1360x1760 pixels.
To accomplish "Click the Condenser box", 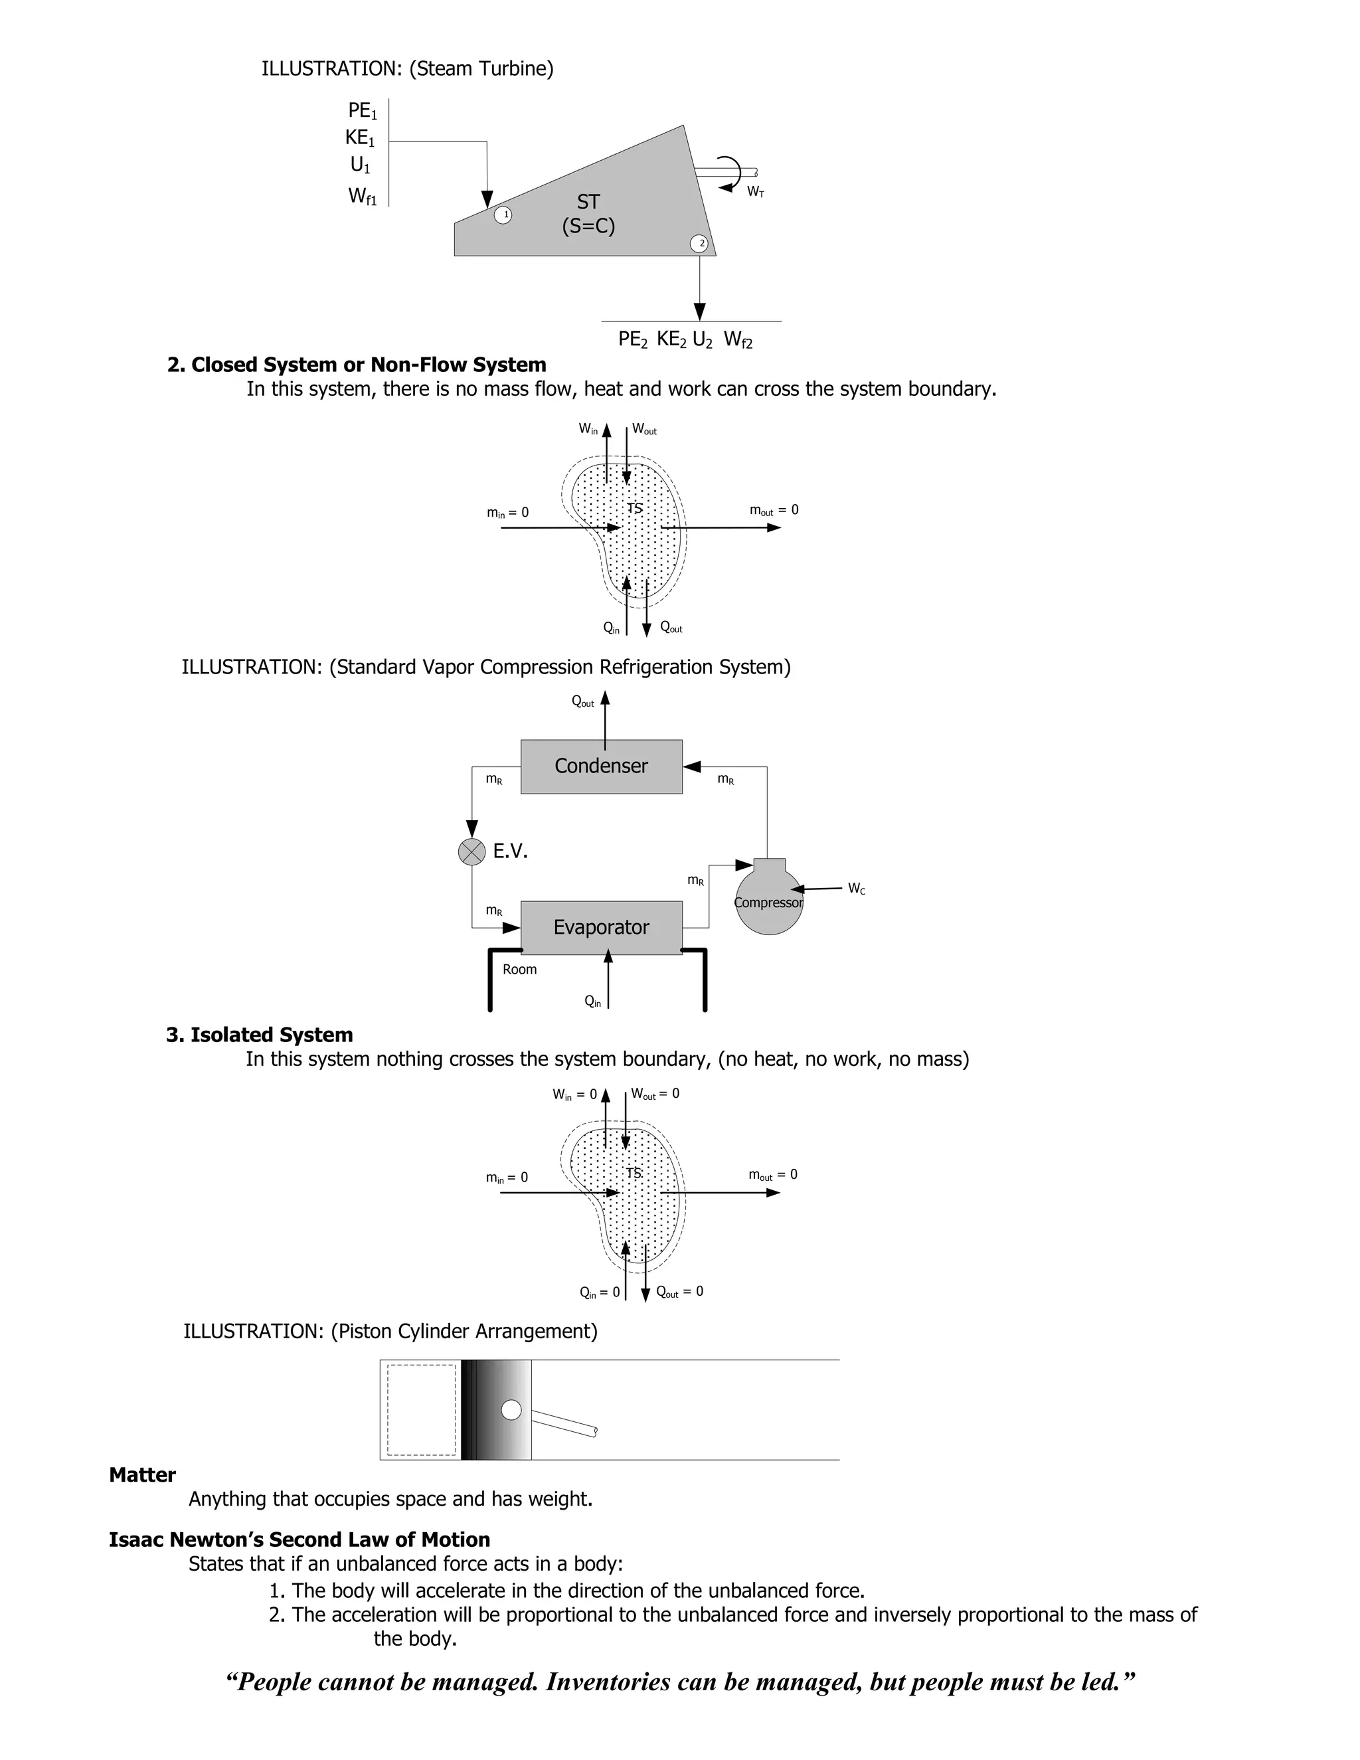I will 601,766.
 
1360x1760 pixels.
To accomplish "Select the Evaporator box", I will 601,928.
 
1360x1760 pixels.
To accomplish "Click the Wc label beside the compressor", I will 857,889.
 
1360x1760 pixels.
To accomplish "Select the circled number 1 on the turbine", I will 503,215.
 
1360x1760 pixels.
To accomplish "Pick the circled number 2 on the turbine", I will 699,243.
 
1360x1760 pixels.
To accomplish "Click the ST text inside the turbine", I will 588,203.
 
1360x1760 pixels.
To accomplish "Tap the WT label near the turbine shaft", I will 755,192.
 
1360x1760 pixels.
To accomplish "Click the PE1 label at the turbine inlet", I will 362,111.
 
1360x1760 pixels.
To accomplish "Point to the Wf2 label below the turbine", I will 738,340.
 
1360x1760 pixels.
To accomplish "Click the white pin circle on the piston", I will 511,1409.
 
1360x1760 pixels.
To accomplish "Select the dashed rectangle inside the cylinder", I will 422,1409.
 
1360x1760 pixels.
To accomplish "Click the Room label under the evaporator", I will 520,970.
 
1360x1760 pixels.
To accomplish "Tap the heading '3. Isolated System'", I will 260,1035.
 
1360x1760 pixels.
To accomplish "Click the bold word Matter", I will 143,1474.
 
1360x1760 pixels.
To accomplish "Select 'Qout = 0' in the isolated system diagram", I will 679,1292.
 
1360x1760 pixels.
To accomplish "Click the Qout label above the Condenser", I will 582,702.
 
